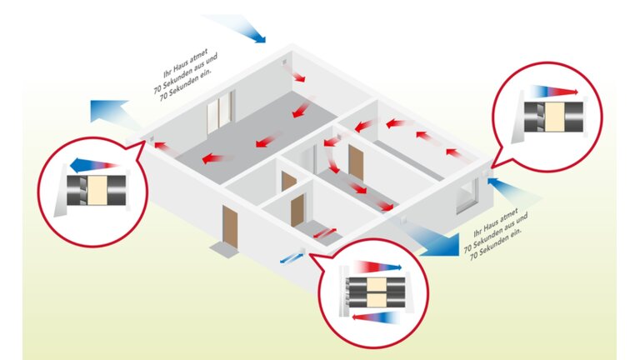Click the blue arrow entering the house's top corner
[x=245, y=28]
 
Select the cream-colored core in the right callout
[x=552, y=117]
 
